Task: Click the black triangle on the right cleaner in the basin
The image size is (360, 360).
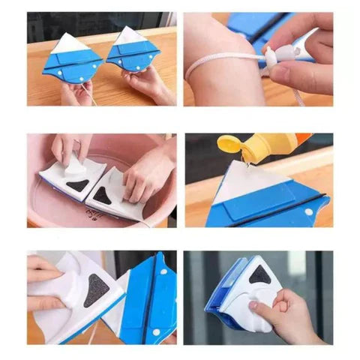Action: tap(105, 196)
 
